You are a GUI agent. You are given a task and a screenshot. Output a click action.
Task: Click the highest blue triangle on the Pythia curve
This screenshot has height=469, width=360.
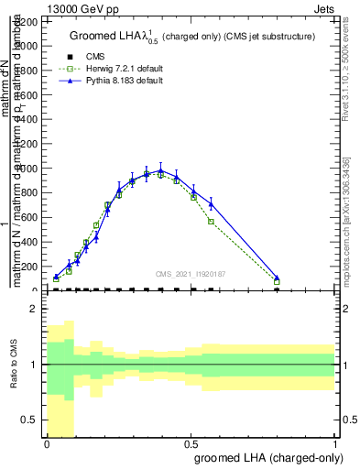coord(160,170)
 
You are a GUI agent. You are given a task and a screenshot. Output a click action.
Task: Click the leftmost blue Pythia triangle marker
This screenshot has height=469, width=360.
coord(56,277)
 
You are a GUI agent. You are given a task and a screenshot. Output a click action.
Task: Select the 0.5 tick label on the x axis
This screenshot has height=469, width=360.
coord(191,442)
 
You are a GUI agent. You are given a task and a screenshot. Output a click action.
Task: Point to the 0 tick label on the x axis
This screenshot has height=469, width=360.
coord(47,442)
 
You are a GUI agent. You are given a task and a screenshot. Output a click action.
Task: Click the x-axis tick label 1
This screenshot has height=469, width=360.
coord(334,442)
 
